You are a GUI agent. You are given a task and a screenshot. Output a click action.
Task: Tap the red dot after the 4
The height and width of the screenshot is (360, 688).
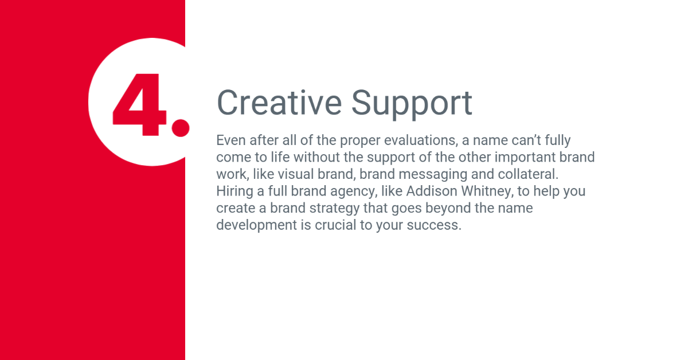point(181,128)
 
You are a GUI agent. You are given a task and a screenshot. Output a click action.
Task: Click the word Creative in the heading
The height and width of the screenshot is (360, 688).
point(279,103)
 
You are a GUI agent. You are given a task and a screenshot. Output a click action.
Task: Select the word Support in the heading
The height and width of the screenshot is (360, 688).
point(412,104)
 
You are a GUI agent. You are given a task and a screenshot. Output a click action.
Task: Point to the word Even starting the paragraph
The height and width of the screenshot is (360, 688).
point(231,140)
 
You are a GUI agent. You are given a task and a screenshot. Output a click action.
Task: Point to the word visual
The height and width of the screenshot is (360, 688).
point(295,174)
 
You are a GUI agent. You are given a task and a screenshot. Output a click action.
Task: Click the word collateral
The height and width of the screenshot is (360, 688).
point(528,174)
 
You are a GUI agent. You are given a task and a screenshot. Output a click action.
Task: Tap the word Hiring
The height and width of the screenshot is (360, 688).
point(234,191)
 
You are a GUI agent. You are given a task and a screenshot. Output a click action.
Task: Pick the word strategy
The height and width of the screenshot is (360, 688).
point(334,209)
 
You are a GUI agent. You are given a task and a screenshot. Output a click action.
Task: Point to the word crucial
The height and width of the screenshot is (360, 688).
point(335,225)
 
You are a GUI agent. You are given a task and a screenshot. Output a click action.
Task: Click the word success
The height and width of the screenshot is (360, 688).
point(434,225)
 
